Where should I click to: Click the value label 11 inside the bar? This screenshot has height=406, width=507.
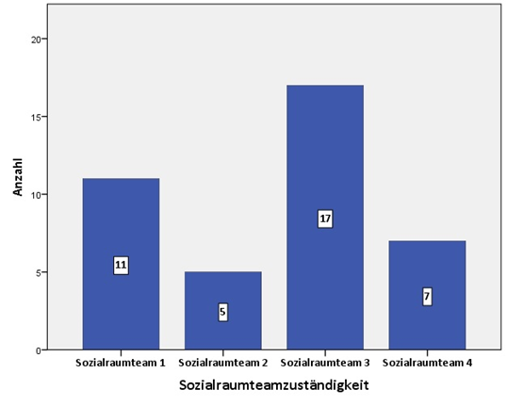click(x=121, y=266)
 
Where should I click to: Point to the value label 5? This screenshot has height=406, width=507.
click(x=223, y=312)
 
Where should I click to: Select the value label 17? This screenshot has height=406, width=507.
click(x=325, y=219)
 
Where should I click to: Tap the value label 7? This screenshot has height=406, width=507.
click(x=427, y=297)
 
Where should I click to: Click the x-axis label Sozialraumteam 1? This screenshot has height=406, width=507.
click(x=121, y=362)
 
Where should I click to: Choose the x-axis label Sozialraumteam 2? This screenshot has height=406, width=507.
click(x=222, y=362)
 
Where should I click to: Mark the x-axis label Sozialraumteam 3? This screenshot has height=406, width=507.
click(x=325, y=362)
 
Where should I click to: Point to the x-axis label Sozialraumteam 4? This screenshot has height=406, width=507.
click(x=427, y=362)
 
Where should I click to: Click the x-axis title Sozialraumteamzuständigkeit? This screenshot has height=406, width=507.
click(x=273, y=385)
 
